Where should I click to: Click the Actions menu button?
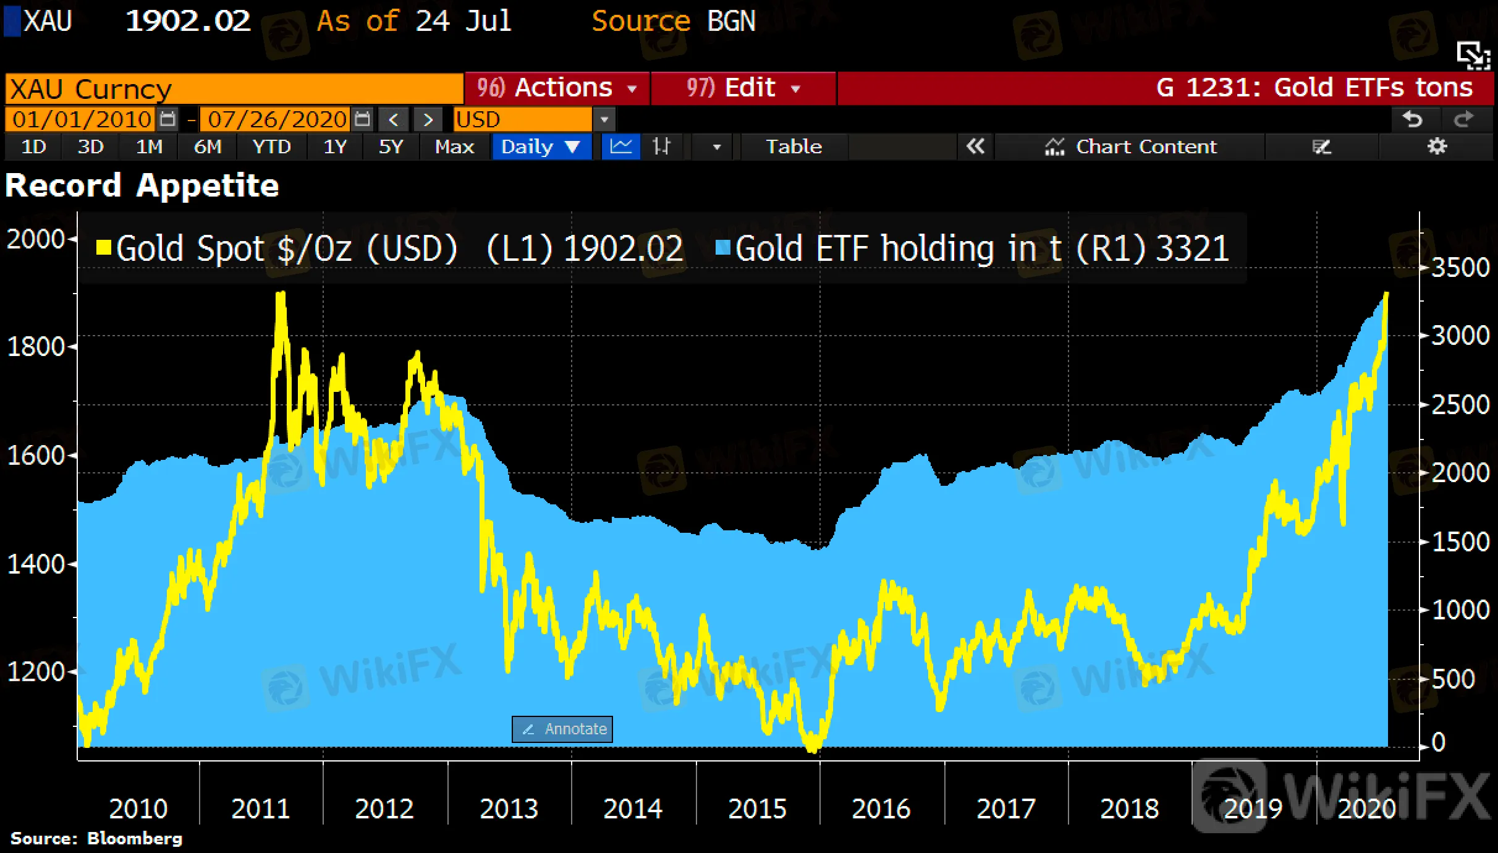tap(556, 88)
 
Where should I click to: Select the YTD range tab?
tap(271, 147)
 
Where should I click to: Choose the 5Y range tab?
tap(391, 147)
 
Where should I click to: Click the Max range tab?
tap(454, 147)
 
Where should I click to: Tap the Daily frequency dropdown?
tap(540, 147)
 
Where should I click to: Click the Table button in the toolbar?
tap(793, 147)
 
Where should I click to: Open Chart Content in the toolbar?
tap(1131, 147)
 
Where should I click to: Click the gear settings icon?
tap(1437, 147)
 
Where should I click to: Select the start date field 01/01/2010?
tap(82, 119)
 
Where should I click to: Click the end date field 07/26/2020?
tap(277, 119)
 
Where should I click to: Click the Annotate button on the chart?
tap(562, 729)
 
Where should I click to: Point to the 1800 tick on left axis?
tap(36, 347)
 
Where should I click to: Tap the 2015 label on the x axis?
tap(757, 808)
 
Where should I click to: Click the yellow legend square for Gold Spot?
tap(103, 248)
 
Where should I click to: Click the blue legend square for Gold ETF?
tap(722, 248)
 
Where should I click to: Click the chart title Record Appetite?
tap(142, 185)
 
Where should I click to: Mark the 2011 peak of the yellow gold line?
tap(281, 294)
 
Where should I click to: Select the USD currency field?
tap(522, 119)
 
